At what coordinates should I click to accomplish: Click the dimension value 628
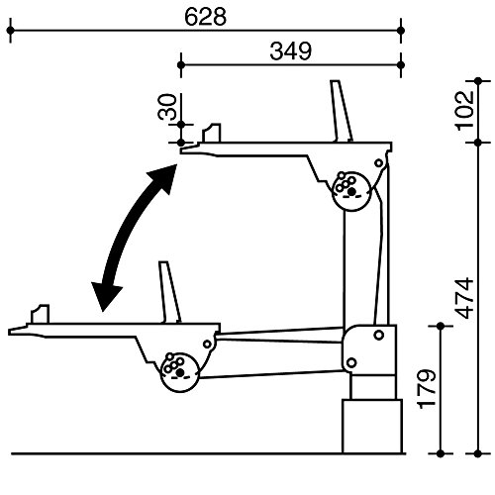[205, 17]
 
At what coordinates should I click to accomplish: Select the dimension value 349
[290, 51]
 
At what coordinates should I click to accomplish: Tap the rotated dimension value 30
[167, 107]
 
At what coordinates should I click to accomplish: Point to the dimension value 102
[464, 111]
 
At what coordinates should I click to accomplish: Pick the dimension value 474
[463, 298]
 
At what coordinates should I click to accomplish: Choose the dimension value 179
[427, 389]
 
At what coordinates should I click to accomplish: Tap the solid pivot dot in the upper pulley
[351, 191]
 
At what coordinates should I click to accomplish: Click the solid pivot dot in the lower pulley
[180, 373]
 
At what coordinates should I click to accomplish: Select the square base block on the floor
[372, 427]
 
